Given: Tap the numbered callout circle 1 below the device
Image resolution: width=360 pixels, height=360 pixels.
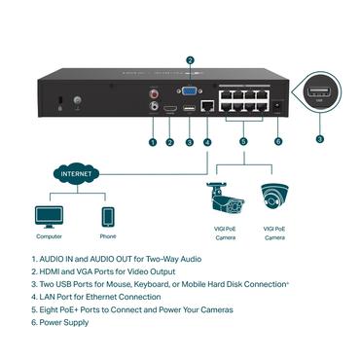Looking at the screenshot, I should [x=152, y=142].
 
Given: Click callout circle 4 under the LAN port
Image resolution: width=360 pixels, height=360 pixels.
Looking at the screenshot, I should [x=207, y=142].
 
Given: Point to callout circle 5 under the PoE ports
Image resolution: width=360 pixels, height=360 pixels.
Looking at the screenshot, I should [x=242, y=142].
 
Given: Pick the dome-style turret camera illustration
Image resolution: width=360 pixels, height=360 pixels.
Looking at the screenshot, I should [x=273, y=199].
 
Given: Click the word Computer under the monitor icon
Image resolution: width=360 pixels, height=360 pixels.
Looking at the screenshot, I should [x=49, y=237].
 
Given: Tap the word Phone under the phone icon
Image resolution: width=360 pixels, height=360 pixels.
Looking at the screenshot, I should [x=108, y=237].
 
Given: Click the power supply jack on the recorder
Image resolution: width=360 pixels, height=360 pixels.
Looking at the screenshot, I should [x=280, y=105].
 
